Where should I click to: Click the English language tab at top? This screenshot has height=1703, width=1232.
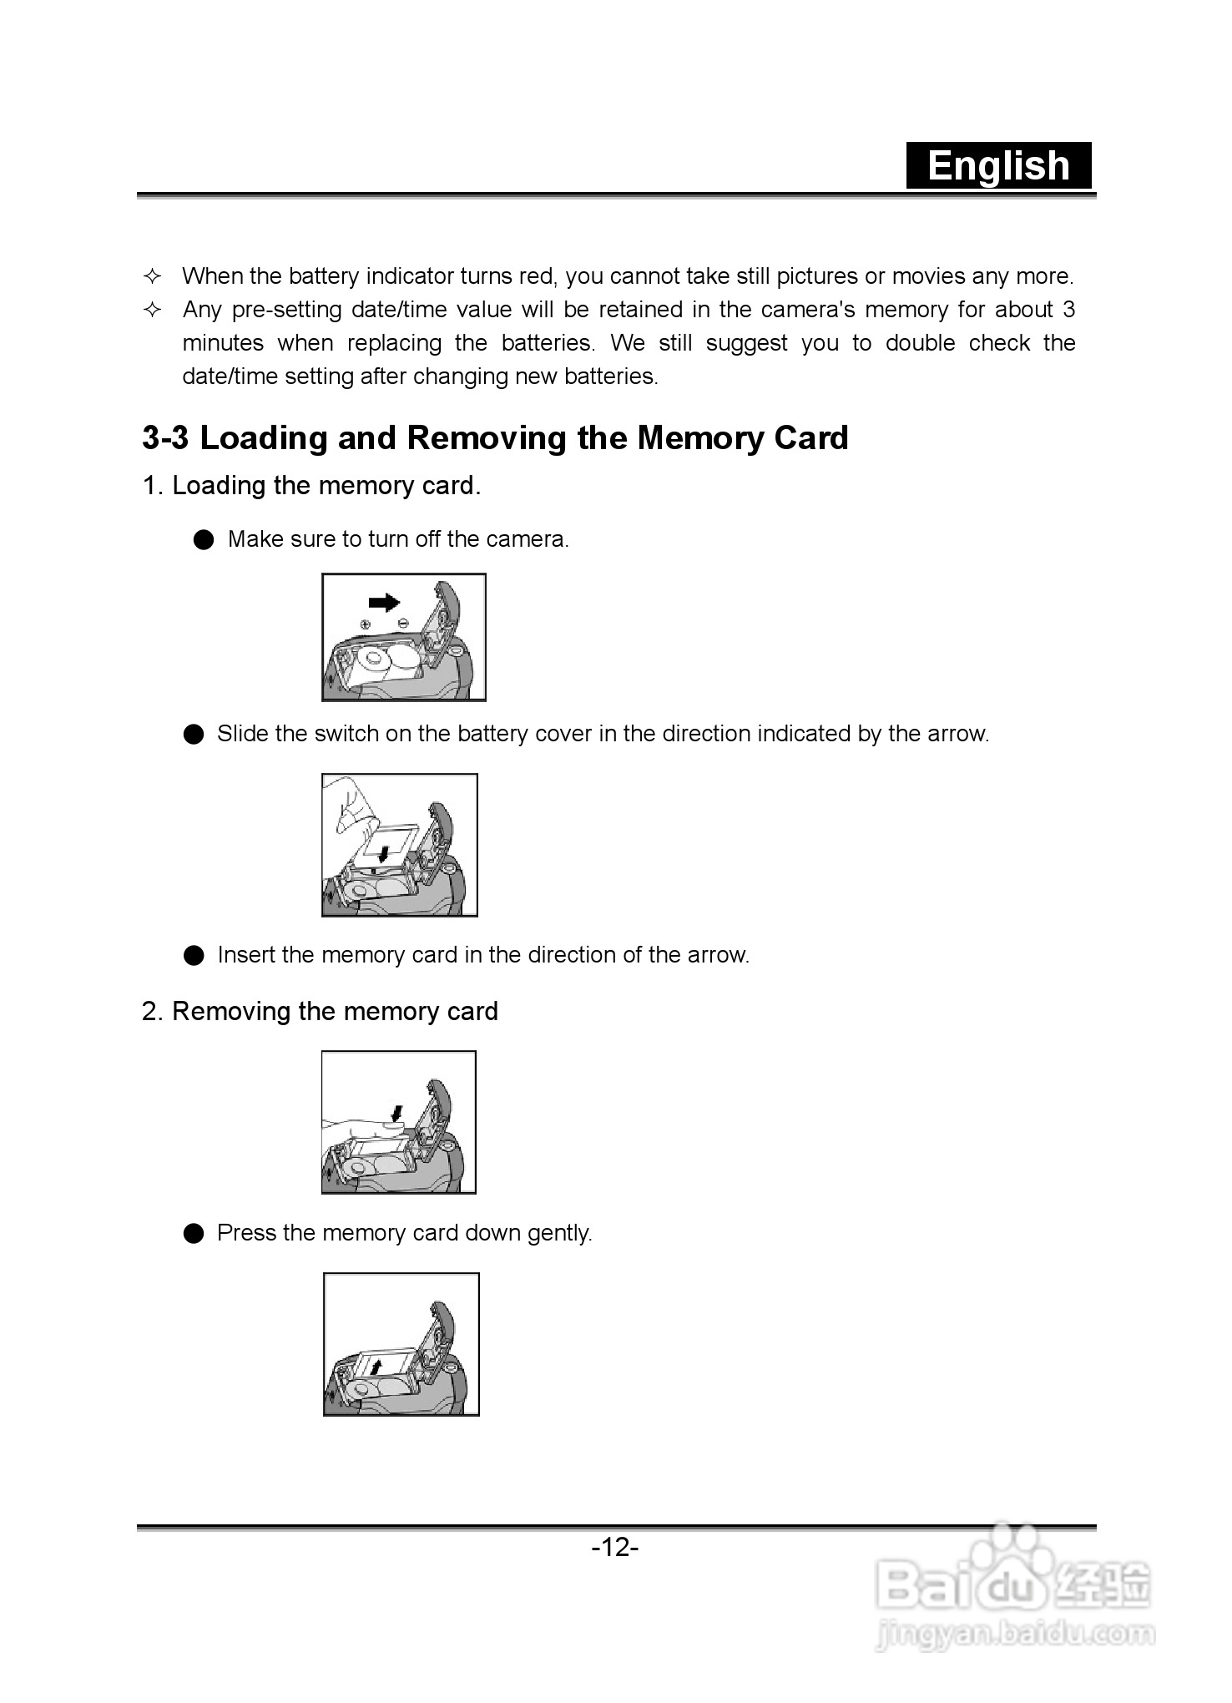[x=998, y=165]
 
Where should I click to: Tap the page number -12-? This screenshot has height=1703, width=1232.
[x=615, y=1548]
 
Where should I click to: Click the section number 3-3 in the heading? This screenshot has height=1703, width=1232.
[x=165, y=437]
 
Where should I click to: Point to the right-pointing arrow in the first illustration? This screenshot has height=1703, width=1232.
[x=384, y=602]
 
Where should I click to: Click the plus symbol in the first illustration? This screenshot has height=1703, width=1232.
[x=364, y=624]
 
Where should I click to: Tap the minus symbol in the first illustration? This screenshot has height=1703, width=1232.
[x=403, y=623]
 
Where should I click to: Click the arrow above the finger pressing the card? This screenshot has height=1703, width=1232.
[x=397, y=1113]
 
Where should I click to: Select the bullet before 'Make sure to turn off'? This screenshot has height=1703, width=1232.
[x=203, y=540]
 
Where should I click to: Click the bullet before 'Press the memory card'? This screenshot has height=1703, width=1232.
[x=194, y=1234]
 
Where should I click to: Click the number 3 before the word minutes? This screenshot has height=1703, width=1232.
[x=1068, y=310]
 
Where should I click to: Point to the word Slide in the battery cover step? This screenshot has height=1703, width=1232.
[x=242, y=734]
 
